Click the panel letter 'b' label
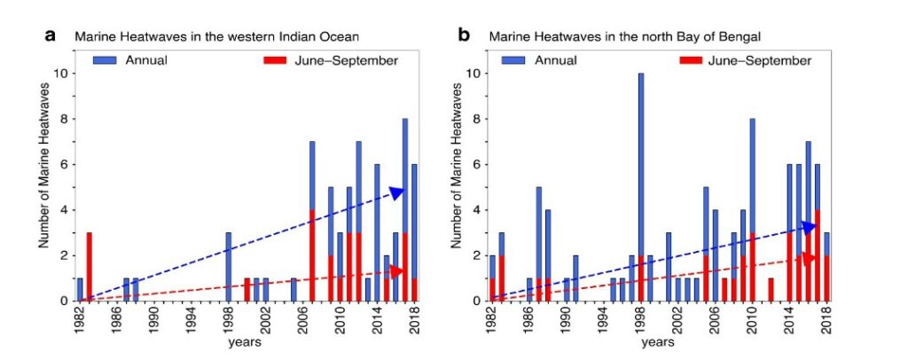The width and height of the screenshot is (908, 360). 464,36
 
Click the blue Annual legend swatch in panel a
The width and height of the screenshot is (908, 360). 105,60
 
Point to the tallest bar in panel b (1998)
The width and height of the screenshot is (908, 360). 640,186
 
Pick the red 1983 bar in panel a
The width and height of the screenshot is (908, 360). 90,266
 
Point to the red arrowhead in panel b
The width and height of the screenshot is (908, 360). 808,257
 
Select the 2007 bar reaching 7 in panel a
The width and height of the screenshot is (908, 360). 312,221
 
